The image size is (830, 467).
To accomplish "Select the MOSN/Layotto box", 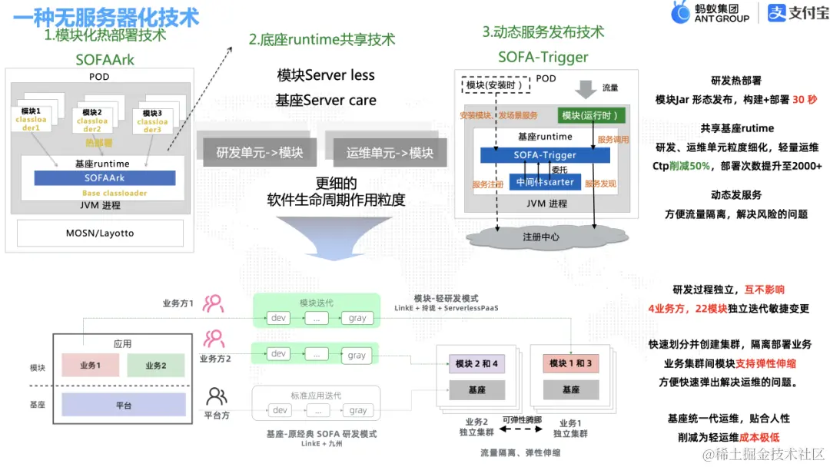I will (100, 233).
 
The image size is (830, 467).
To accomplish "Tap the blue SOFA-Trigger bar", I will (545, 155).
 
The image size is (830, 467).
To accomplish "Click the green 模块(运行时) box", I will (591, 115).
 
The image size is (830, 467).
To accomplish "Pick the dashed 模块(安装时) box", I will (494, 85).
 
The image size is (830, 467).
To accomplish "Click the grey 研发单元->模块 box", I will (259, 152).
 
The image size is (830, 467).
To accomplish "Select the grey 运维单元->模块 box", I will (390, 152).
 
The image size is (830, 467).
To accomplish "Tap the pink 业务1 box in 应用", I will (90, 366).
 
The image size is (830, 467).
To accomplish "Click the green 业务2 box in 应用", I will (155, 366).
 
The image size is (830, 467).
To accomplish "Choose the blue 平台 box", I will (123, 405).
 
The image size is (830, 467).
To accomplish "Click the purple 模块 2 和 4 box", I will (476, 363).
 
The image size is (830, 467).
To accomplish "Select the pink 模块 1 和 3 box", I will (570, 363).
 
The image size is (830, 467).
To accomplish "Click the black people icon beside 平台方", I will (217, 396).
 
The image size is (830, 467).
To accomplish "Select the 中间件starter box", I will (545, 182).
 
